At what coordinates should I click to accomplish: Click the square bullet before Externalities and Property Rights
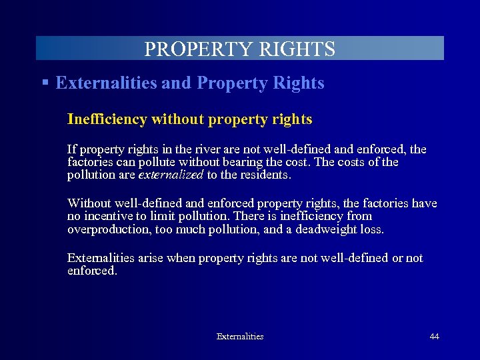tap(45, 83)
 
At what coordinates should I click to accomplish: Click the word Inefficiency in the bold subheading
tap(107, 119)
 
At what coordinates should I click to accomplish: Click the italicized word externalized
tap(171, 175)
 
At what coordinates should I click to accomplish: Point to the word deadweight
tap(319, 230)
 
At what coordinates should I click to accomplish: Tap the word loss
tap(372, 230)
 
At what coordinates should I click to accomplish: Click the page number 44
tap(434, 337)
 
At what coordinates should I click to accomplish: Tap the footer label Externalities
tap(240, 337)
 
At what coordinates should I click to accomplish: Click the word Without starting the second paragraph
tap(90, 203)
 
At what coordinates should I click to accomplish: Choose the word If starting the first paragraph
tap(72, 148)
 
